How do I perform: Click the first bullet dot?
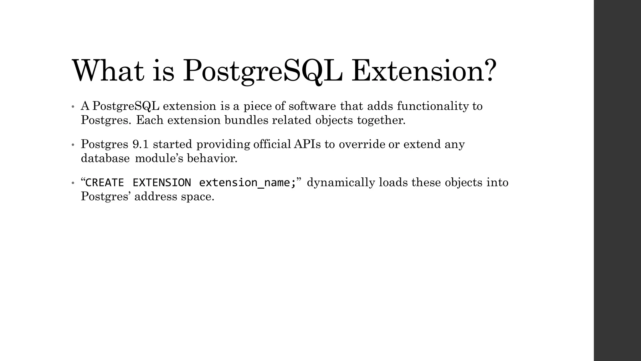click(73, 107)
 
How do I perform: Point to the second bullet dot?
click(73, 145)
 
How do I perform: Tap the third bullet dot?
click(73, 183)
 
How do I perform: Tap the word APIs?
click(307, 144)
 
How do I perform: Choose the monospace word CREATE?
click(105, 182)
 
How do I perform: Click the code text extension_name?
click(247, 182)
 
